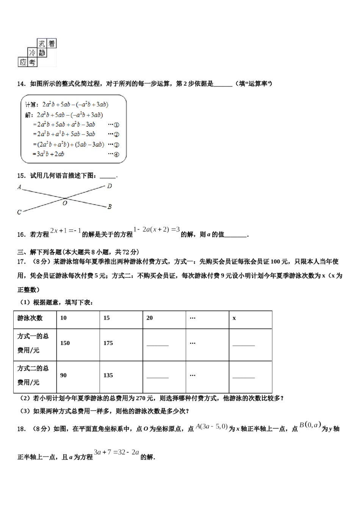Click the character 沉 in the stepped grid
42,44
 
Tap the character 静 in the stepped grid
42,53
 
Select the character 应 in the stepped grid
23,62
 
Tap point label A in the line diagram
19,187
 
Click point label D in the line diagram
110,186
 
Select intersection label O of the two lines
65,203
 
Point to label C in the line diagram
19,212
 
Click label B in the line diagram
110,207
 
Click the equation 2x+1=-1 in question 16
66,231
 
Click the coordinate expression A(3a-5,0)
211,427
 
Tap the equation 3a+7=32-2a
117,452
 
